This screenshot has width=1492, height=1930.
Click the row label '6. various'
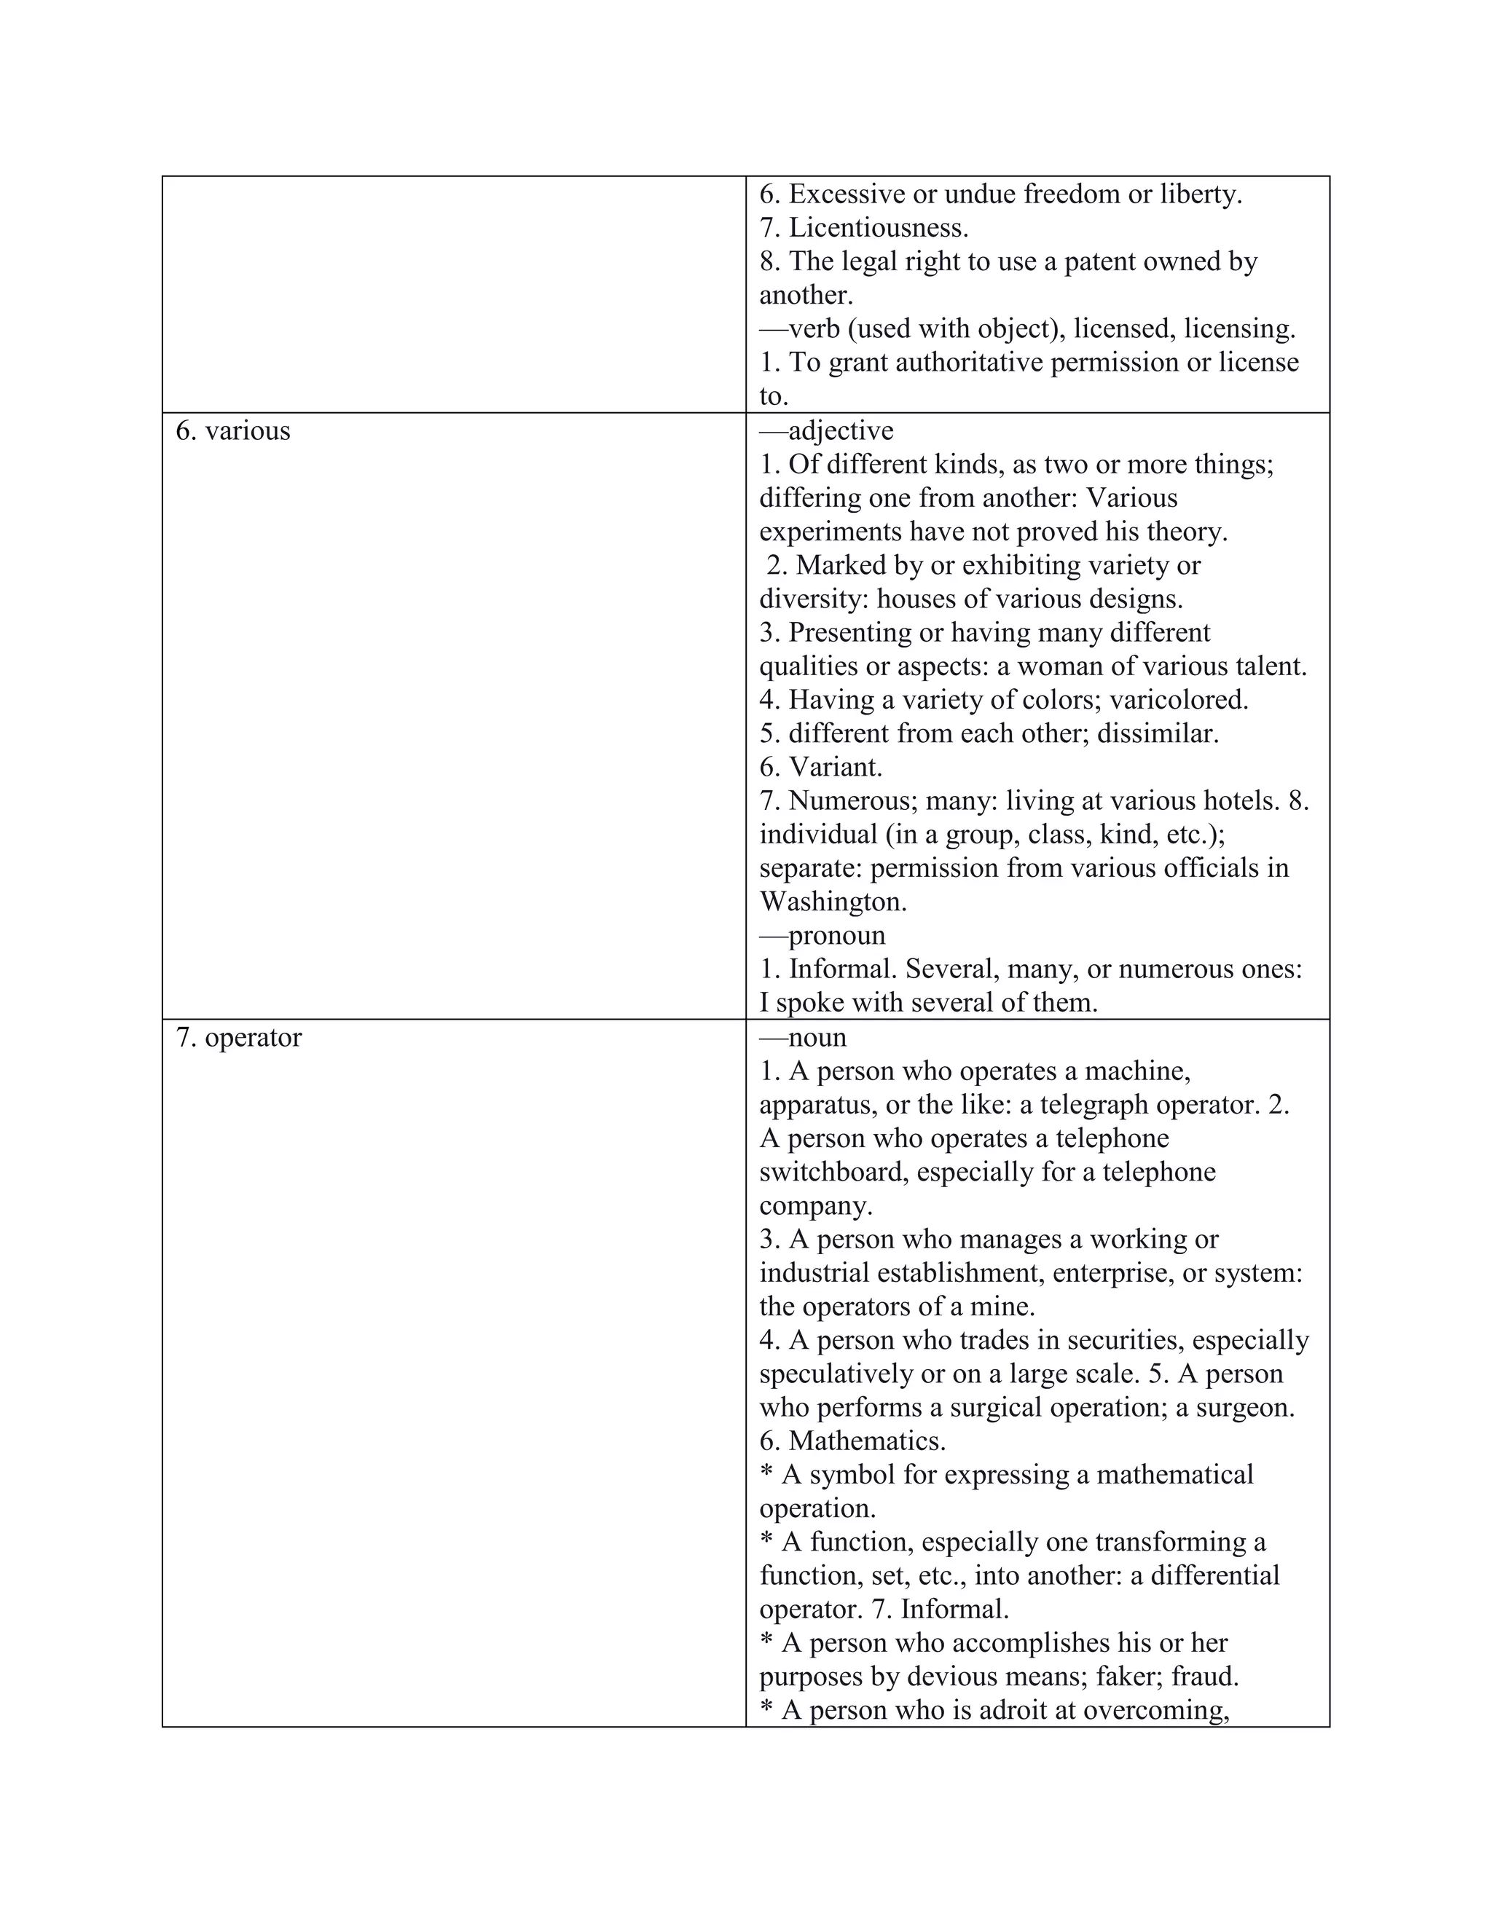click(232, 431)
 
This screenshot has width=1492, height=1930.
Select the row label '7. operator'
click(239, 1037)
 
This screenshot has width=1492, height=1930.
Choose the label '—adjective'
click(826, 431)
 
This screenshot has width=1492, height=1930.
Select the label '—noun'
click(803, 1037)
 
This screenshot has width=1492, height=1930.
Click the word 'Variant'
click(833, 767)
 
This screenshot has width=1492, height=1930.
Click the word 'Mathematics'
click(865, 1441)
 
